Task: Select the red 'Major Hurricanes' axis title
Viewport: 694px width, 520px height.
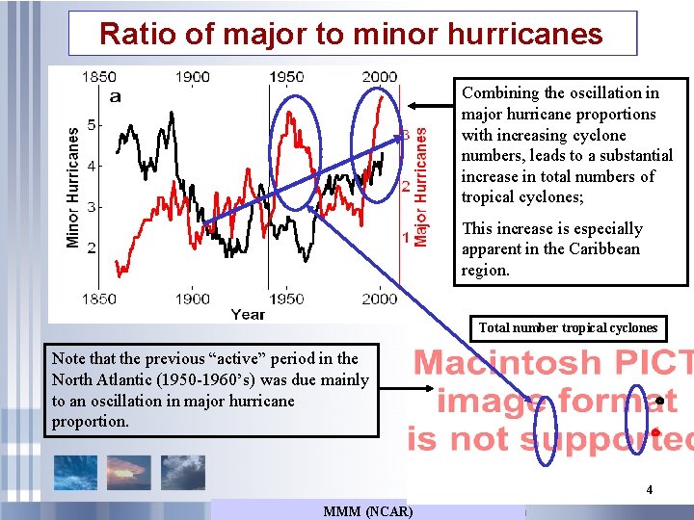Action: pyautogui.click(x=420, y=189)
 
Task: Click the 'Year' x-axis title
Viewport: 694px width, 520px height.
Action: pyautogui.click(x=248, y=313)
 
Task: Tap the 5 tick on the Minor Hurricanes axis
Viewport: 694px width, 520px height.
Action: pyautogui.click(x=92, y=124)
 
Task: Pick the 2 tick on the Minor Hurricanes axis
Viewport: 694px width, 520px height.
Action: pyautogui.click(x=92, y=247)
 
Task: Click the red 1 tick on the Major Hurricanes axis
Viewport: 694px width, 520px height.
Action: pyautogui.click(x=406, y=237)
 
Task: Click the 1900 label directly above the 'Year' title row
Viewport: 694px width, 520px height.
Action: pyautogui.click(x=192, y=298)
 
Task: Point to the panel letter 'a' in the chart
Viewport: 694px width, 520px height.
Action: pyautogui.click(x=116, y=95)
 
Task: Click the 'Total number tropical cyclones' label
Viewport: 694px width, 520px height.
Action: pyautogui.click(x=568, y=327)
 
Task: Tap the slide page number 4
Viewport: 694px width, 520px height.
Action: pyautogui.click(x=649, y=490)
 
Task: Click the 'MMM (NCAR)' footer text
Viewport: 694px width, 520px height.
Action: pyautogui.click(x=368, y=510)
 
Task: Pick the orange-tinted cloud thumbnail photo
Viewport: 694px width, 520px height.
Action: pyautogui.click(x=128, y=472)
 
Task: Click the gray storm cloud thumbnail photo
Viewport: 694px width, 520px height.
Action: pyautogui.click(x=182, y=472)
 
